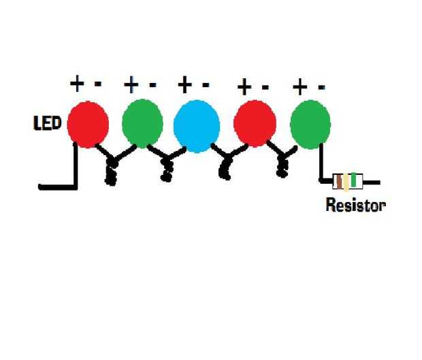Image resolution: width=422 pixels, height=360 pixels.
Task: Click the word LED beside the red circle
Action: point(47,123)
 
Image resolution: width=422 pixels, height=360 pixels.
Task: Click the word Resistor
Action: point(355,205)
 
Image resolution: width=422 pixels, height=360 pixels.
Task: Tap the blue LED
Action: point(197,126)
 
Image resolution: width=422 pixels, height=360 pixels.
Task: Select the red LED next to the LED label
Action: point(88,125)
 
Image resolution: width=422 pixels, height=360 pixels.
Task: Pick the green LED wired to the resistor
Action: point(310,125)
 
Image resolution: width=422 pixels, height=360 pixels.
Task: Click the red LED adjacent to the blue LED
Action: point(255,123)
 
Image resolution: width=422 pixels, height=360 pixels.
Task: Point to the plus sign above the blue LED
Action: point(185,84)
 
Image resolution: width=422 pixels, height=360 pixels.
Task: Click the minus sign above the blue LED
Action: point(206,85)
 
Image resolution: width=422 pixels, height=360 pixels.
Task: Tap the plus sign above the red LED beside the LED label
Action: point(77,83)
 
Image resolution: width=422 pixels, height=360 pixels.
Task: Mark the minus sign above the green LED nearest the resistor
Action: point(322,87)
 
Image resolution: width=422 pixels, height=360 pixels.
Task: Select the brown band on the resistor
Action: point(340,181)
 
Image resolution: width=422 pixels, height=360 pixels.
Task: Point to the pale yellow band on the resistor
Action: point(346,182)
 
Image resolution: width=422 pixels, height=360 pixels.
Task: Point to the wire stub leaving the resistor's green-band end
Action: point(372,182)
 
